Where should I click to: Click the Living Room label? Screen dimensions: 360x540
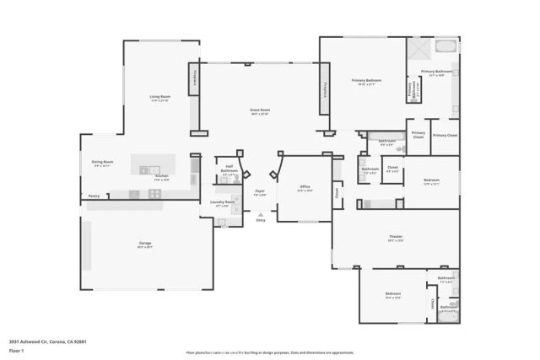[160, 98]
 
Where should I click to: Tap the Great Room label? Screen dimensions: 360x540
[259, 111]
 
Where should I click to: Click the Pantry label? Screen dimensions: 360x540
[94, 196]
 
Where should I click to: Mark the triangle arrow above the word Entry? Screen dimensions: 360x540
[260, 214]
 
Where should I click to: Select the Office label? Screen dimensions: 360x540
[305, 188]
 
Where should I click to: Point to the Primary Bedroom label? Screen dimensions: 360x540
[366, 81]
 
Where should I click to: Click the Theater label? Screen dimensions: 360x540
[396, 239]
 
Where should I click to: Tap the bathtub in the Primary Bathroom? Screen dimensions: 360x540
[445, 45]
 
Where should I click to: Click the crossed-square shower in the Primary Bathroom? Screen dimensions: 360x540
[418, 49]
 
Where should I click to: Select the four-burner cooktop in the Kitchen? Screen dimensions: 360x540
[154, 193]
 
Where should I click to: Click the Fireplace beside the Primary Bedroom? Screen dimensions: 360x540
[325, 96]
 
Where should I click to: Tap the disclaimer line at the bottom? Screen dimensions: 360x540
[269, 353]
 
